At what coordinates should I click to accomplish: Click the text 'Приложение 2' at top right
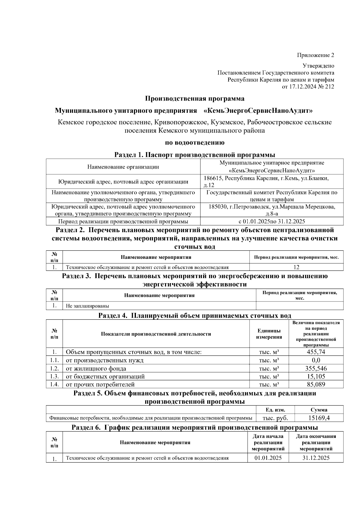[x=315, y=55]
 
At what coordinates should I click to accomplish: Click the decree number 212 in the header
[x=329, y=87]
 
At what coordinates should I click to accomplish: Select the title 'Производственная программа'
[x=195, y=99]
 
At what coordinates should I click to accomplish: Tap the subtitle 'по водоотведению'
[x=195, y=142]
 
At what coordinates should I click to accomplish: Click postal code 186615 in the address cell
[x=213, y=178]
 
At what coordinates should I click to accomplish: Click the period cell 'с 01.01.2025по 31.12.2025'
[x=271, y=222]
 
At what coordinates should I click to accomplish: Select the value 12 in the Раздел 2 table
[x=296, y=267]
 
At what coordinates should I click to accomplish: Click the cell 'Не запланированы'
[x=87, y=306]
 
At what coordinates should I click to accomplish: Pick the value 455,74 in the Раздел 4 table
[x=316, y=352]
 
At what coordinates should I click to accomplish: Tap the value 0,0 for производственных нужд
[x=316, y=360]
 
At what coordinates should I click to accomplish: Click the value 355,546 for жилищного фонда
[x=316, y=368]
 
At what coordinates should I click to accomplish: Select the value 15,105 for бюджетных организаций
[x=316, y=376]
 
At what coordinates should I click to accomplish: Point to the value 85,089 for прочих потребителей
[x=316, y=385]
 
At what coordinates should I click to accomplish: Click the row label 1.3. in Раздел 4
[x=54, y=376]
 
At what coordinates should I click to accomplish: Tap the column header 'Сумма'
[x=319, y=410]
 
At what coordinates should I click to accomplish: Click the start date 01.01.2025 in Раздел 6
[x=268, y=458]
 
